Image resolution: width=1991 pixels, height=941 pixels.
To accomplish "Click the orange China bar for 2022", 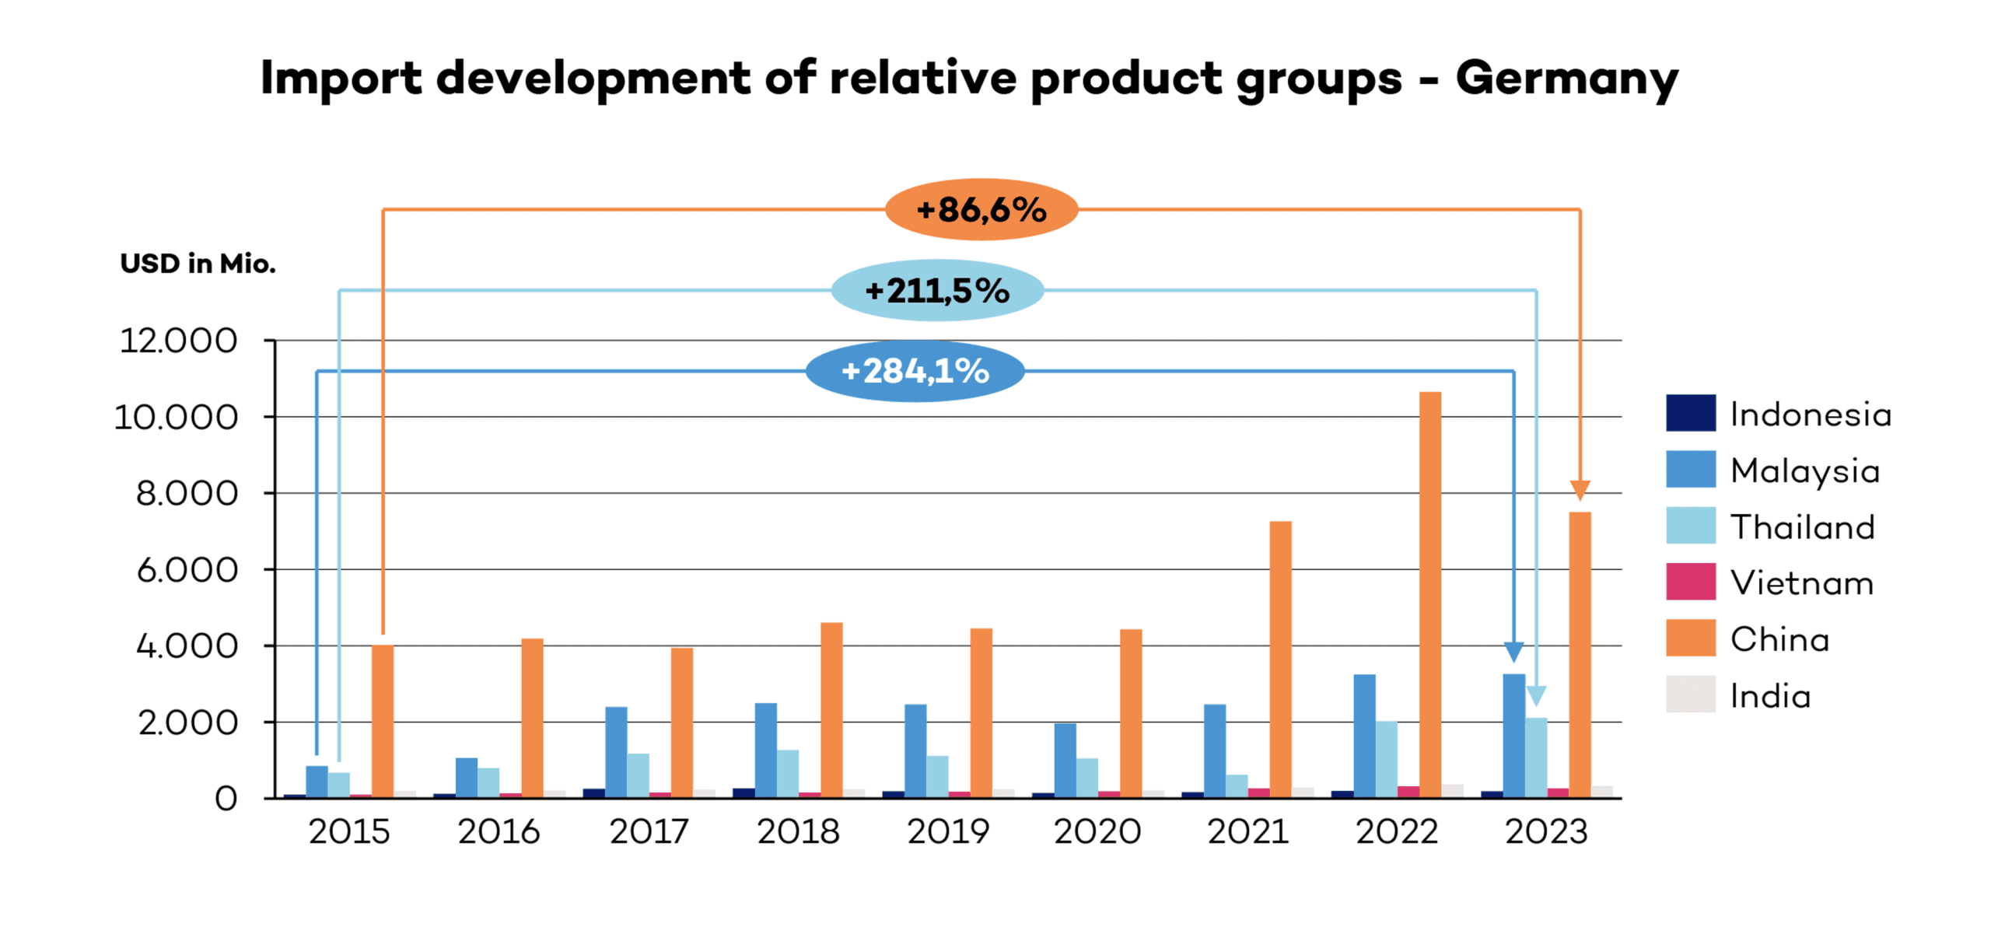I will click(x=1429, y=595).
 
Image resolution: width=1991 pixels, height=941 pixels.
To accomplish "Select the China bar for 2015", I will click(x=382, y=719).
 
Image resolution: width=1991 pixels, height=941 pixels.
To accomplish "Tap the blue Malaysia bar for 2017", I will click(x=616, y=751).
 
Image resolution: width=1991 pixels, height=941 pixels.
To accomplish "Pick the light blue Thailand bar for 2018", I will click(x=787, y=773).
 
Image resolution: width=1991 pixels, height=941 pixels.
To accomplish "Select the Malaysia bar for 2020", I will click(x=1065, y=760).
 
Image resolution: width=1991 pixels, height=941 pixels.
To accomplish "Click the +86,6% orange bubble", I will click(x=981, y=210).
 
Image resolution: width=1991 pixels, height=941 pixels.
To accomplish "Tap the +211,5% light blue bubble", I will click(x=937, y=291).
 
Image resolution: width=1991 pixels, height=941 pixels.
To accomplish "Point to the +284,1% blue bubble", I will click(x=915, y=371).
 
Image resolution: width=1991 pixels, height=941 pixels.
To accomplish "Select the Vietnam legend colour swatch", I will click(x=1690, y=582).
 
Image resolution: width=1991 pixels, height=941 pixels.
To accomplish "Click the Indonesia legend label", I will click(x=1810, y=414).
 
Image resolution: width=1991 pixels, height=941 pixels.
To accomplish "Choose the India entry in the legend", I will click(x=1769, y=695).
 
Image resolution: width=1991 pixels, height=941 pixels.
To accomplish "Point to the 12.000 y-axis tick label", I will click(x=178, y=341).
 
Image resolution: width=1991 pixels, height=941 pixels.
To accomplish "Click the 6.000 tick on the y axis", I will click(x=187, y=570).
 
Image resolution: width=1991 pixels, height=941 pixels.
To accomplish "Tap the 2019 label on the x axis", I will click(x=948, y=831).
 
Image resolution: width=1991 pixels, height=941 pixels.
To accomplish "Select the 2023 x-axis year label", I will click(x=1546, y=831).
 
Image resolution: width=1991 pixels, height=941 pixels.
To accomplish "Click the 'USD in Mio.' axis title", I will click(x=198, y=264).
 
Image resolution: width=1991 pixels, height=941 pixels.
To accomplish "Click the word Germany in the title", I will click(x=1566, y=79).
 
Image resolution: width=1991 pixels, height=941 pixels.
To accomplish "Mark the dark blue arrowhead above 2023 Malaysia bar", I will click(x=1513, y=652).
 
